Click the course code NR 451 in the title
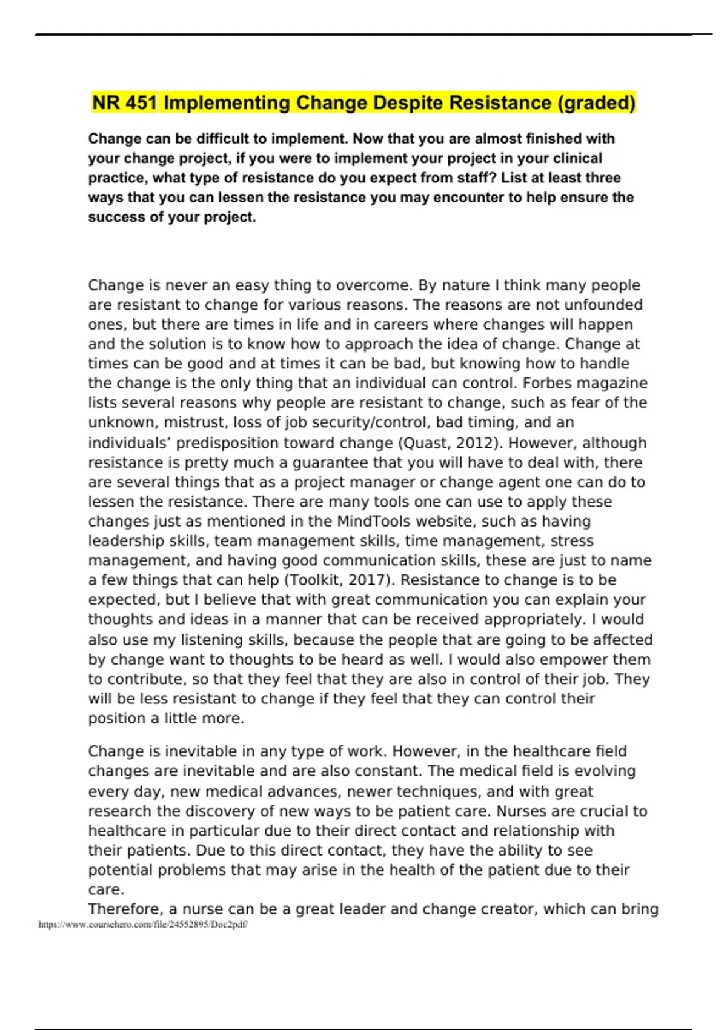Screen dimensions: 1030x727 124,102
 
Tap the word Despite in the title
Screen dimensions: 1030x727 400,102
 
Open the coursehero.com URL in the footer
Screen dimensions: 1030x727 143,925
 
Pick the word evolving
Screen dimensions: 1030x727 605,771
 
